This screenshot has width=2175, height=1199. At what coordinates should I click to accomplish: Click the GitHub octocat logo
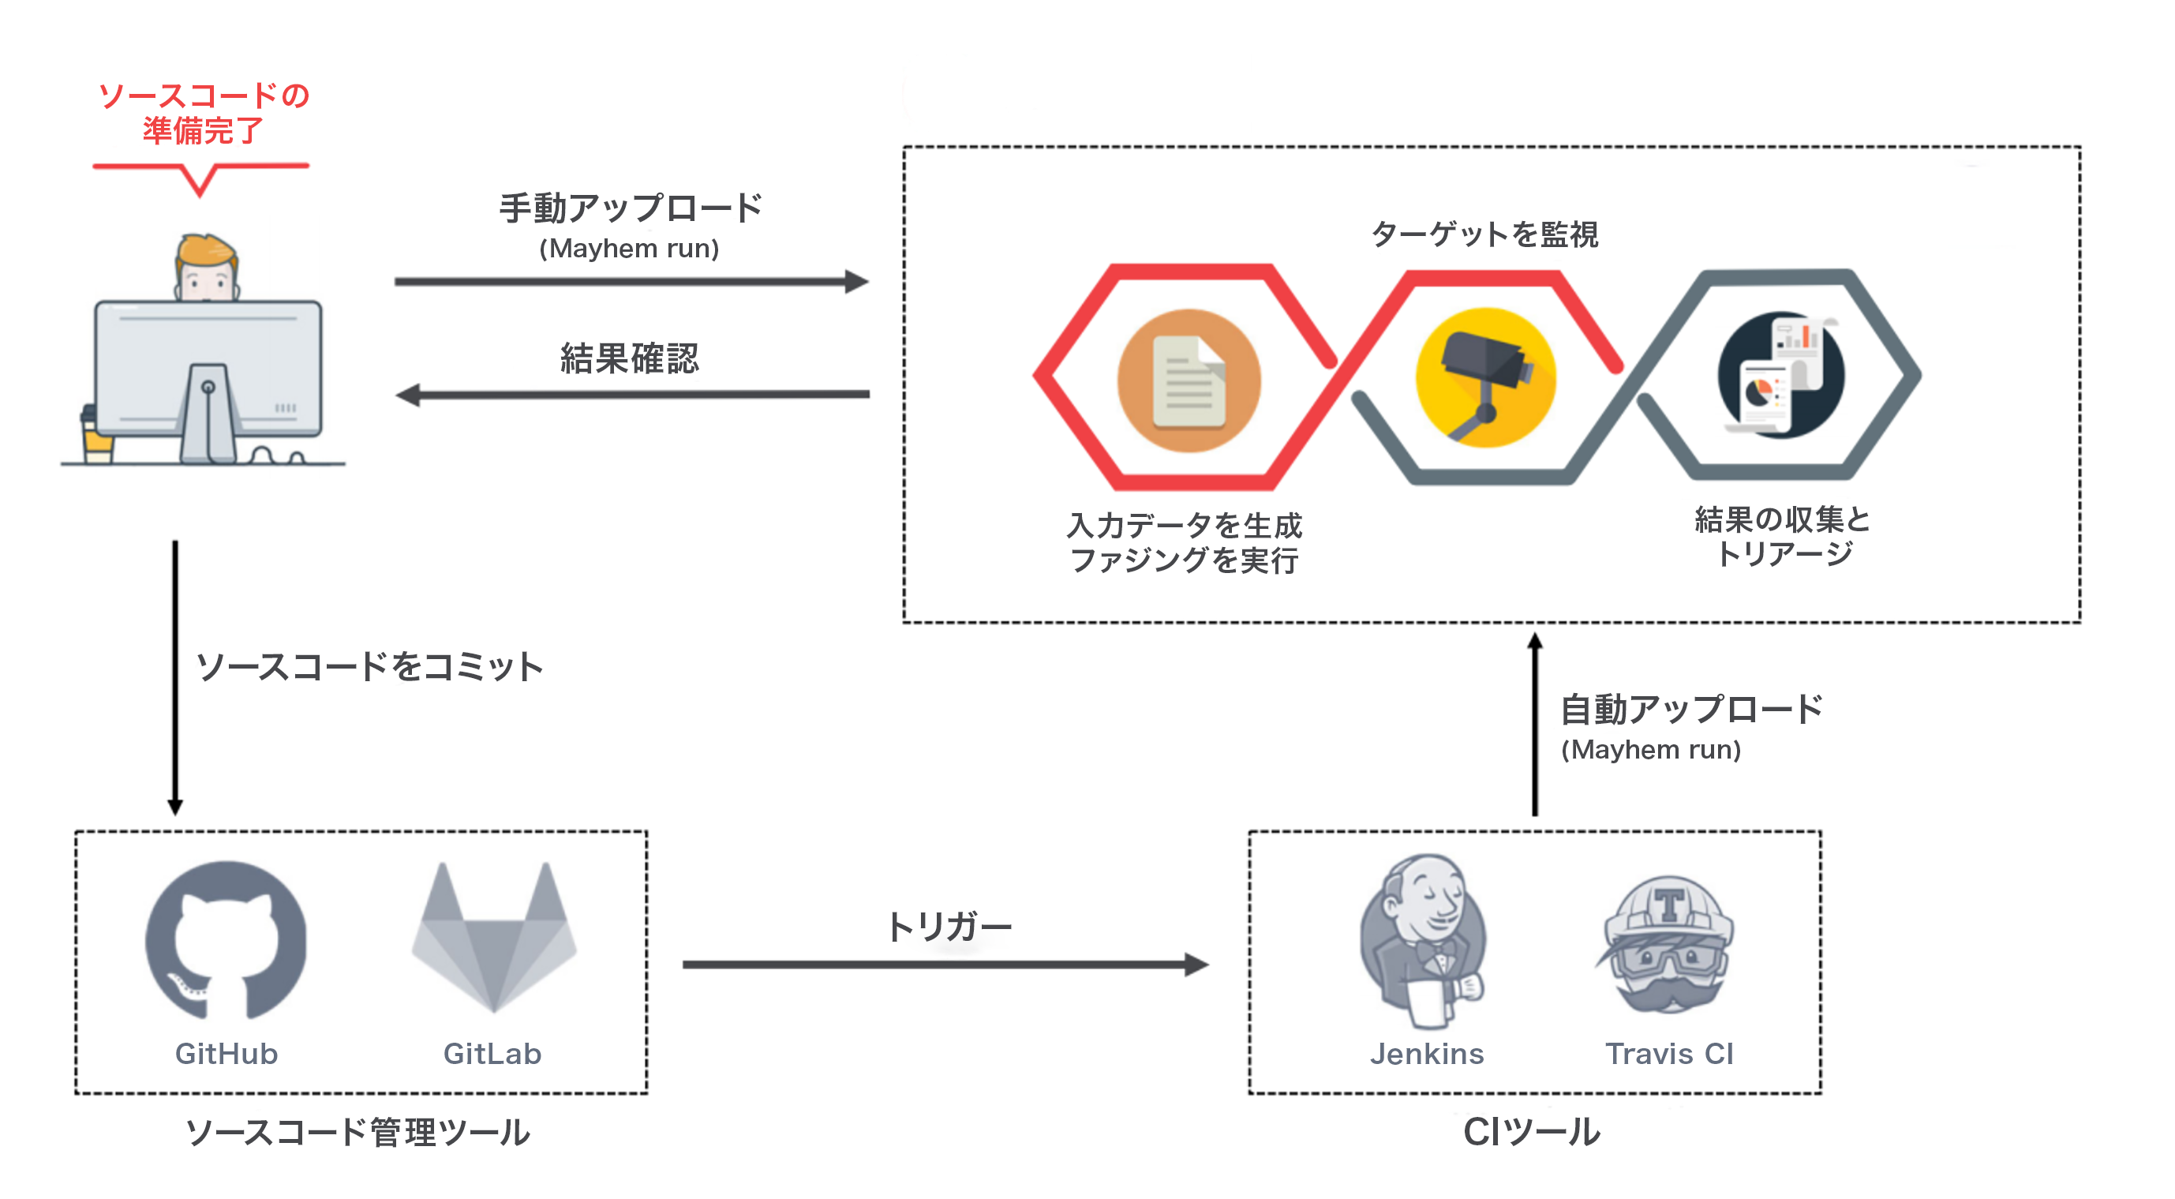(226, 940)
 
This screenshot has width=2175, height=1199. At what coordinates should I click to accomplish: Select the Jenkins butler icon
(1424, 940)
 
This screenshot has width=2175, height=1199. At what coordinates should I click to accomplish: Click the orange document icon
(1189, 380)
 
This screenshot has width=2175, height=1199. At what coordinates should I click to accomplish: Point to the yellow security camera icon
(1486, 377)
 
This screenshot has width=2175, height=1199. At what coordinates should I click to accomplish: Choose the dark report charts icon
(1780, 375)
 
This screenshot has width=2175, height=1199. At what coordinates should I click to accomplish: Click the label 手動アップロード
(631, 208)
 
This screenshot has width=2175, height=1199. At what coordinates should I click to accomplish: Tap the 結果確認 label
(630, 358)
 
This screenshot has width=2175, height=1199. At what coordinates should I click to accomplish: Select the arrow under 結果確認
(632, 395)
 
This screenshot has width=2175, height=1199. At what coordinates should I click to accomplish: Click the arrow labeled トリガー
(945, 964)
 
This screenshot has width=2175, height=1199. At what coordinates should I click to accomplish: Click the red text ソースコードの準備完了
(204, 113)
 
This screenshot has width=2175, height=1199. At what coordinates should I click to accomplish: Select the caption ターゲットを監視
(1484, 234)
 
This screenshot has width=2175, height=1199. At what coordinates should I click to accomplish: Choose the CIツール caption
(1531, 1131)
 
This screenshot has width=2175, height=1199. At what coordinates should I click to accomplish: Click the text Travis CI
(1668, 1053)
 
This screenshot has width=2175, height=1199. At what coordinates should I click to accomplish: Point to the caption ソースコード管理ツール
(358, 1131)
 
